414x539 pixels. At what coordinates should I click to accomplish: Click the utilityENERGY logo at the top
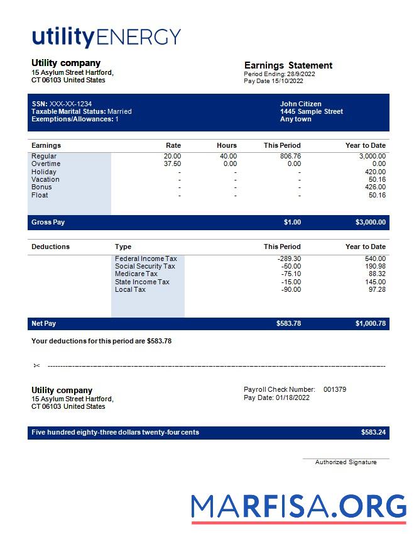106,37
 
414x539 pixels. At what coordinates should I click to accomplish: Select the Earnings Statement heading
288,65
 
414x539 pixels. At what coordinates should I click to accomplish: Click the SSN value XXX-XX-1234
70,104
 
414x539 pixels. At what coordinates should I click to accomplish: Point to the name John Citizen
300,104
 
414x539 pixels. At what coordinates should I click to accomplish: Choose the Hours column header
227,145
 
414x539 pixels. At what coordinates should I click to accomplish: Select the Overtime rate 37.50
172,164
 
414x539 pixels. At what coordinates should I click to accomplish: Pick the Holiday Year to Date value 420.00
375,172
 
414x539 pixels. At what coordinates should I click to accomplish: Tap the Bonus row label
41,187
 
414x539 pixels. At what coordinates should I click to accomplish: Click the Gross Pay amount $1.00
292,222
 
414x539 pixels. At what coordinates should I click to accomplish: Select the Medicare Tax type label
136,274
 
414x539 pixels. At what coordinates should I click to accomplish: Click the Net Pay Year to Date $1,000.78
370,323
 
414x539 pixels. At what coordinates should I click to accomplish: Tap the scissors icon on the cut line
36,365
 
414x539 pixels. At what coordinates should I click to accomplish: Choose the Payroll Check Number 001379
334,389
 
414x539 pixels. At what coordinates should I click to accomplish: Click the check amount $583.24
373,433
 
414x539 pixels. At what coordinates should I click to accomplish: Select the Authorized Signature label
346,462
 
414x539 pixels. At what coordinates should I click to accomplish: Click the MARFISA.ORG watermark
298,508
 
